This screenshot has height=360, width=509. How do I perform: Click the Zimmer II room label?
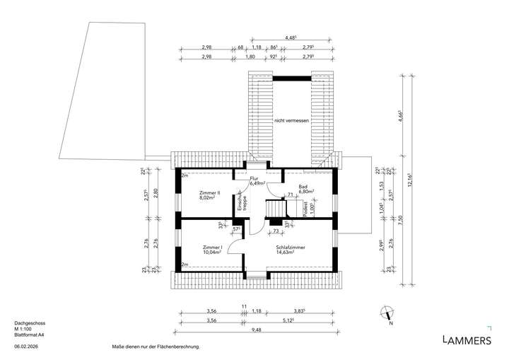210,192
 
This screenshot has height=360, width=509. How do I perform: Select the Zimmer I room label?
212,247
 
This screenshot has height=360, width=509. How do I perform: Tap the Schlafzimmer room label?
290,247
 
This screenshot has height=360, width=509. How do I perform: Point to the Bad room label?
303,186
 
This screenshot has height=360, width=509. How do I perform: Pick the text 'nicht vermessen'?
292,121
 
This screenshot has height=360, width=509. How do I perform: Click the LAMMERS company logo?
466,340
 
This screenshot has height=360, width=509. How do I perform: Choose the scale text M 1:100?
24,329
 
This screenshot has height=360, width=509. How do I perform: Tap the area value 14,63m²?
290,252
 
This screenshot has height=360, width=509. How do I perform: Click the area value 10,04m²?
212,252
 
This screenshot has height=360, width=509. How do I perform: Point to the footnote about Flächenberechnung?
157,347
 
